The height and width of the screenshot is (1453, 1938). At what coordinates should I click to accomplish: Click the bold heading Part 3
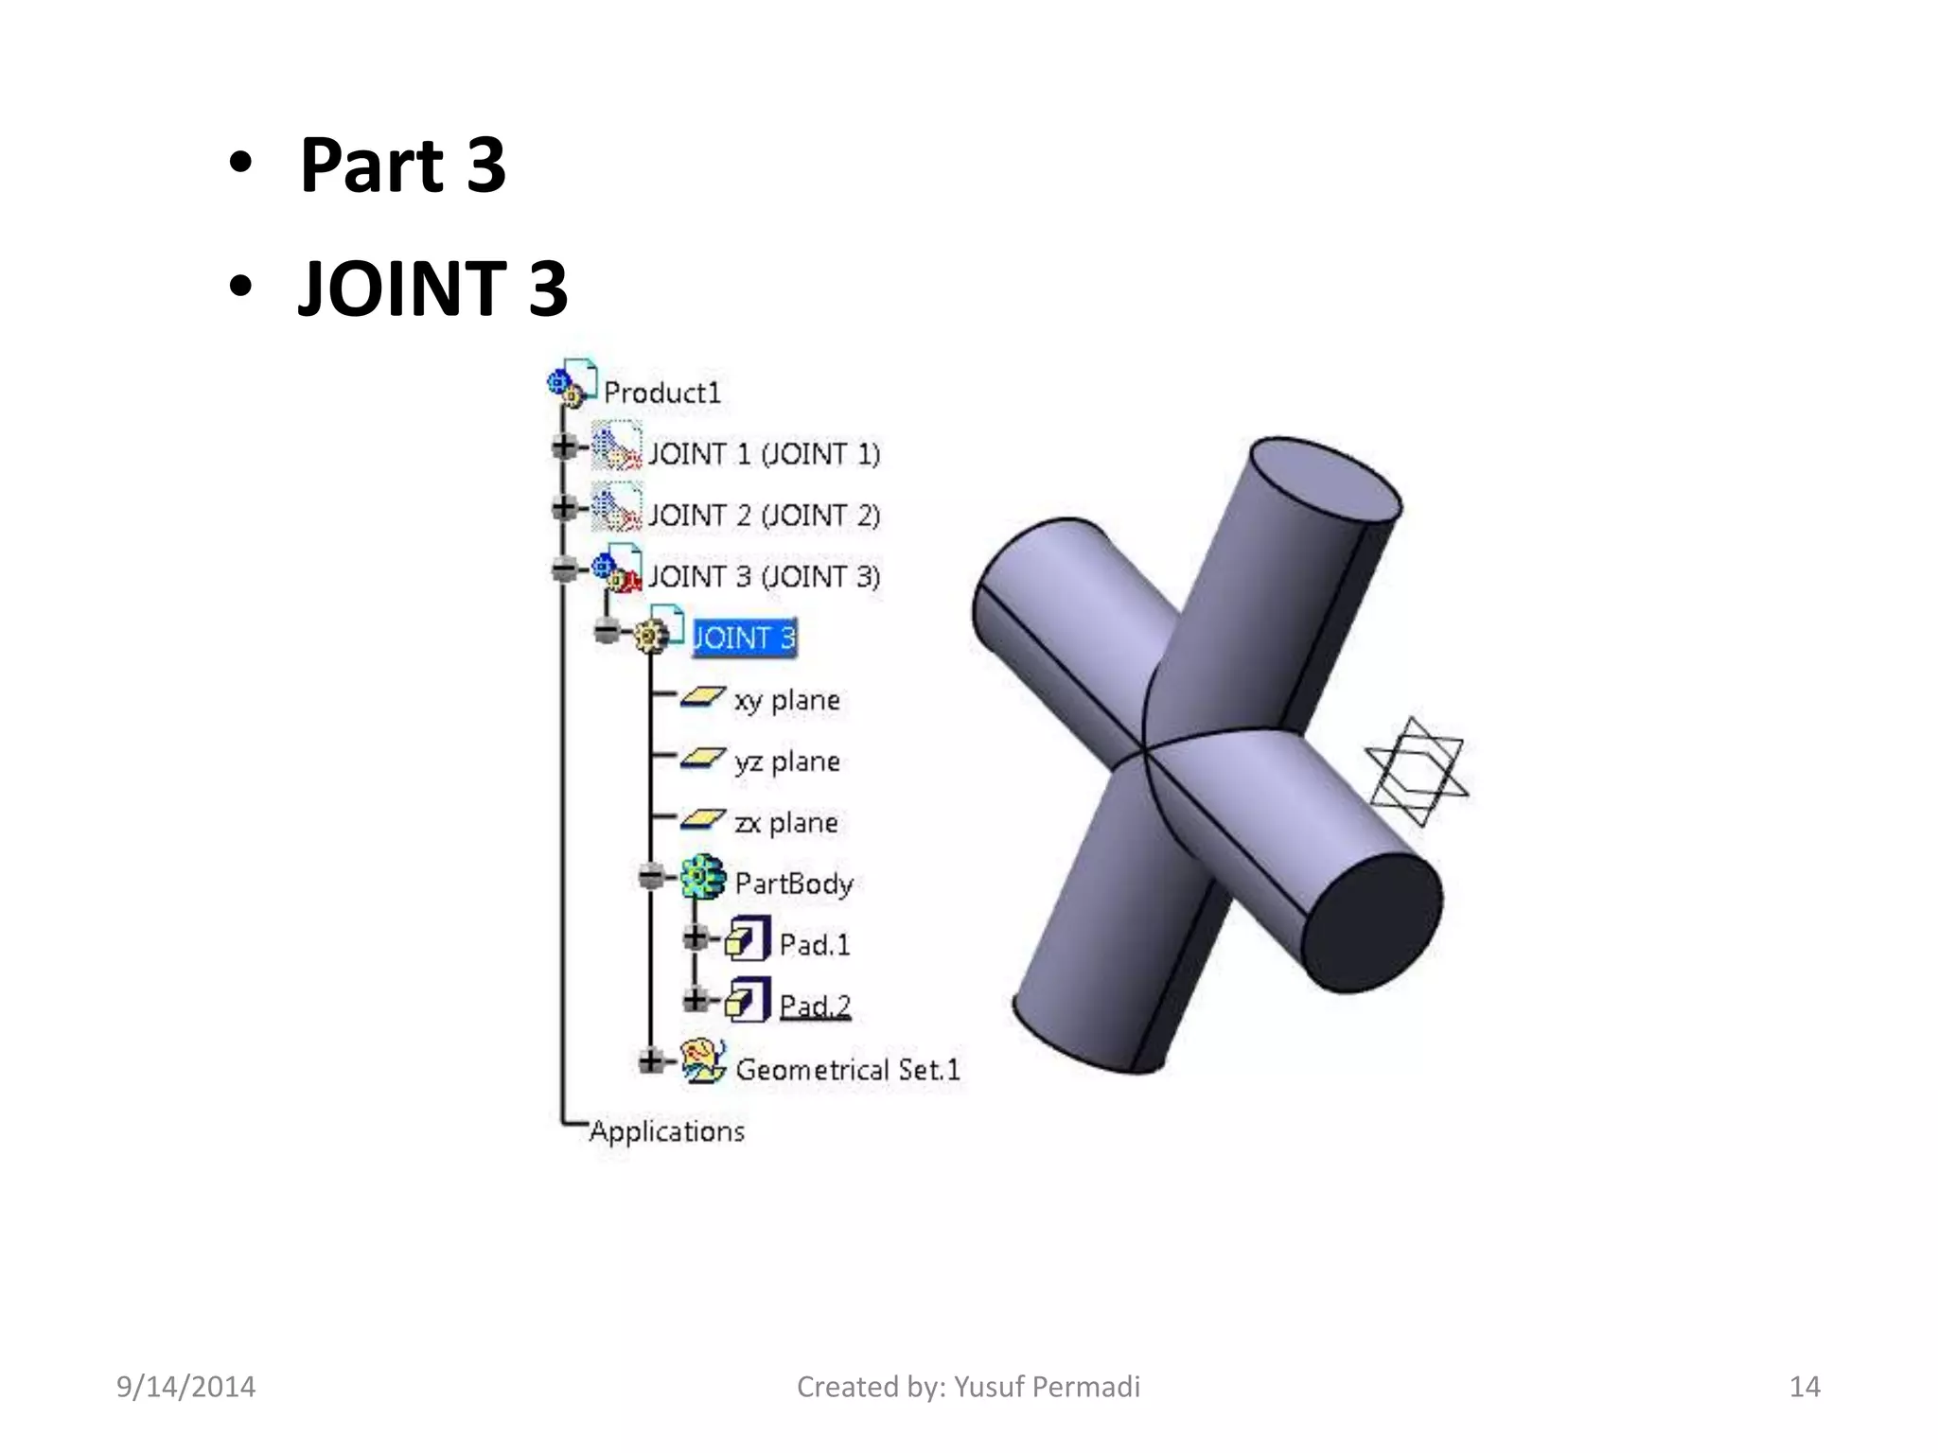coord(402,166)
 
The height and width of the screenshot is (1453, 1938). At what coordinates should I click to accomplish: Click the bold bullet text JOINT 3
coord(432,289)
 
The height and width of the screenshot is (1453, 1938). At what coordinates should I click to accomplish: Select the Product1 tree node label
coord(661,393)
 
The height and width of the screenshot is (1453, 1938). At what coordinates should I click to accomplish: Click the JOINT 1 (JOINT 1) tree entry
coord(763,454)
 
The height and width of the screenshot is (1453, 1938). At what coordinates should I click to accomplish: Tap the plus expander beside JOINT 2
coord(564,508)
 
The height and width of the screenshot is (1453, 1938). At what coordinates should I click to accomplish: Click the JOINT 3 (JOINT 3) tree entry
coord(763,576)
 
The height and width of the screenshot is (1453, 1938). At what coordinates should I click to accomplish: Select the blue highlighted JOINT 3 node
coord(744,638)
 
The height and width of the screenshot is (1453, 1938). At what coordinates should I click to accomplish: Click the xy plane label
coord(786,700)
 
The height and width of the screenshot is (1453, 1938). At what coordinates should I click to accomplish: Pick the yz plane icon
coord(701,759)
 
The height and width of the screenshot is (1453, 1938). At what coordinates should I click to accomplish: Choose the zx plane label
coord(785,822)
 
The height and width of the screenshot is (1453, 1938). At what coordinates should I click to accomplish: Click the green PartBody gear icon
coord(703,878)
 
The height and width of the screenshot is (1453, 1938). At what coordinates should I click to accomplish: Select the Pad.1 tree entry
coord(814,944)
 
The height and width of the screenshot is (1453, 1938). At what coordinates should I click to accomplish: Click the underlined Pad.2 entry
coord(814,1005)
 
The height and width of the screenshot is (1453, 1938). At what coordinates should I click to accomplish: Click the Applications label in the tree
coord(666,1131)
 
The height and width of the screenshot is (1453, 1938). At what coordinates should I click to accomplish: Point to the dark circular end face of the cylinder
coord(1372,921)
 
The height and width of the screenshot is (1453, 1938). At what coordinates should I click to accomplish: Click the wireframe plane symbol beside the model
coord(1416,771)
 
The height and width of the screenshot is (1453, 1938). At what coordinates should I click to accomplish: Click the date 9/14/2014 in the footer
coord(185,1387)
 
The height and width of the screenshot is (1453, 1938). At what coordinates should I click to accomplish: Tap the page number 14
coord(1804,1387)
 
